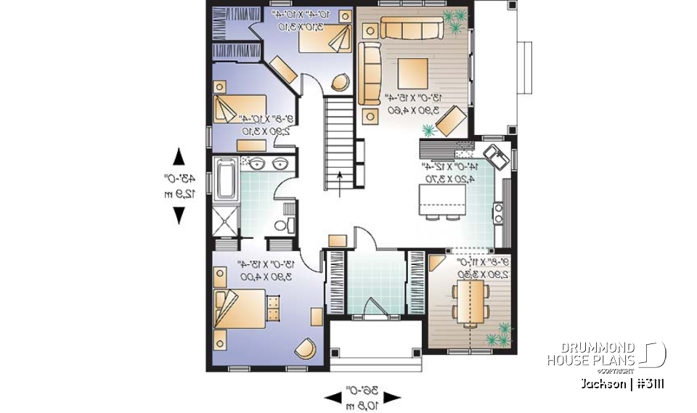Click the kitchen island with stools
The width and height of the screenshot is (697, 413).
440,200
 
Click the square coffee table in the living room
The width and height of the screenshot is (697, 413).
413,75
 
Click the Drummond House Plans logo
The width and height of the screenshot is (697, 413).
606,354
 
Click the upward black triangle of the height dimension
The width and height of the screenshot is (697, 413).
179,157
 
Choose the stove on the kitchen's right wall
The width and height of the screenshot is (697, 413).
500,213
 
